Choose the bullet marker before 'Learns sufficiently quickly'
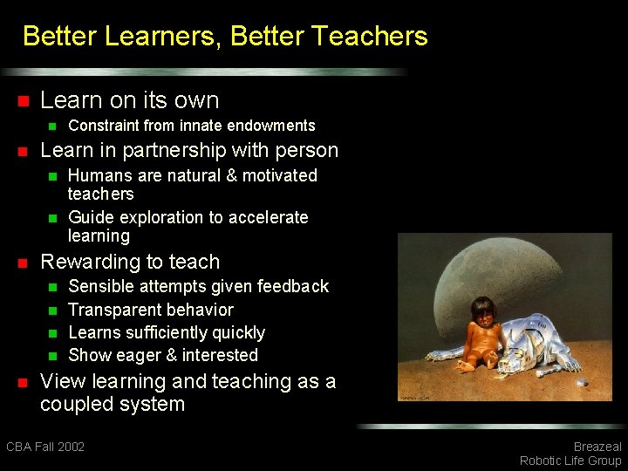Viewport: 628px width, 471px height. (x=51, y=333)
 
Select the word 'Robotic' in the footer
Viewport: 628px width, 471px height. (x=543, y=461)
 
